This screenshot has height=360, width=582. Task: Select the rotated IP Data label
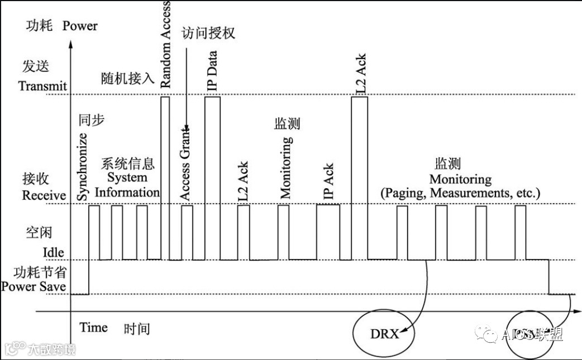point(212,71)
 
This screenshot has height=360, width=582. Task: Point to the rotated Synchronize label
point(83,167)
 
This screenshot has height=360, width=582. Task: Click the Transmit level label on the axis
point(42,87)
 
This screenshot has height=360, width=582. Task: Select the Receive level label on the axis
point(44,196)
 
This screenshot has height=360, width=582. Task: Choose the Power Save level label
point(34,287)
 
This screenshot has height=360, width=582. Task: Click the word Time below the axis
point(93,328)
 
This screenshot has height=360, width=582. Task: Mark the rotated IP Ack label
point(328,182)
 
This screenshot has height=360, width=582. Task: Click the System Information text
point(127,185)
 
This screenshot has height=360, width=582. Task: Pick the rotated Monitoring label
point(285,167)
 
